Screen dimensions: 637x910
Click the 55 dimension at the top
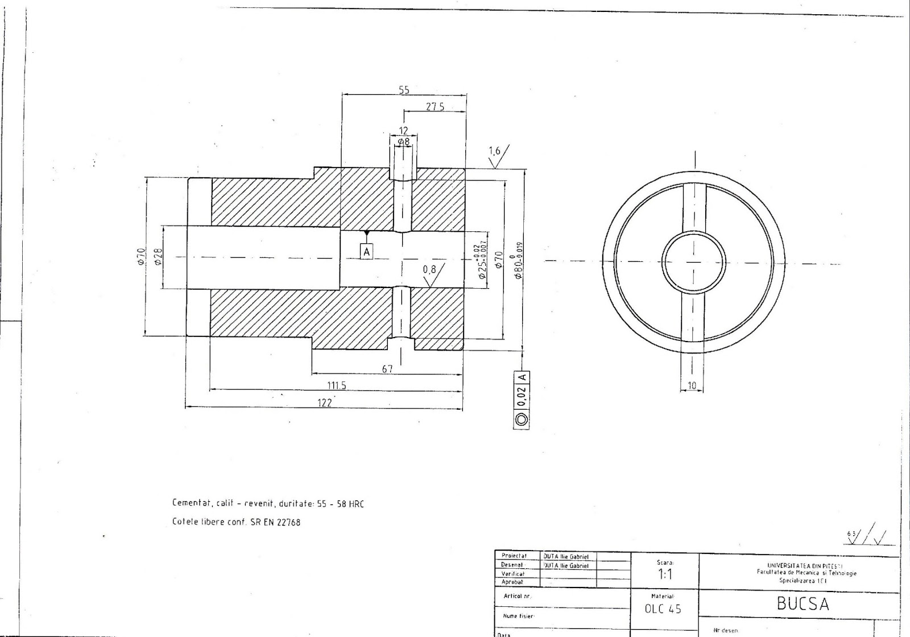coord(404,90)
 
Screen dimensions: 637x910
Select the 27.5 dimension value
coord(435,107)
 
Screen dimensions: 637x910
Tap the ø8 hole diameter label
coord(403,141)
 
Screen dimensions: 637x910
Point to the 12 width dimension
coord(403,131)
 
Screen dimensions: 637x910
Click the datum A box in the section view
coord(367,251)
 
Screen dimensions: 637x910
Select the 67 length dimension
coord(387,369)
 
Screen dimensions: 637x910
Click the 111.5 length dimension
coord(336,385)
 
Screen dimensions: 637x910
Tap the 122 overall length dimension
coord(324,403)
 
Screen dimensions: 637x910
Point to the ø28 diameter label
coord(159,256)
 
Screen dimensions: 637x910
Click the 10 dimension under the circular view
coord(692,386)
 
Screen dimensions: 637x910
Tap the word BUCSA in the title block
coord(803,604)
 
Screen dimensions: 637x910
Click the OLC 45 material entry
coord(663,609)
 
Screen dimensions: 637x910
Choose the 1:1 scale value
coord(665,574)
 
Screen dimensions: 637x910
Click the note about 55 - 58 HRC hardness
coord(268,503)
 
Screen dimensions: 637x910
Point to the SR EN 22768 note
coord(236,522)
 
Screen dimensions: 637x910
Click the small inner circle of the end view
coord(693,263)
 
